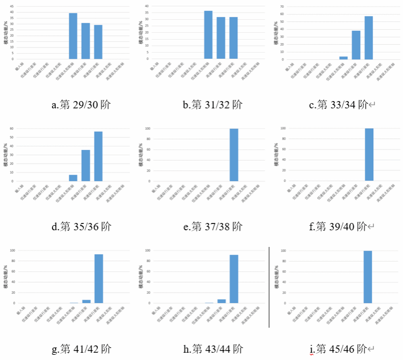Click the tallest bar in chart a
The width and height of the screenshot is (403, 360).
click(x=73, y=36)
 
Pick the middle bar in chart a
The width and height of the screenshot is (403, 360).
click(x=85, y=41)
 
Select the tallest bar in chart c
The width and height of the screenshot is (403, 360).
click(x=369, y=38)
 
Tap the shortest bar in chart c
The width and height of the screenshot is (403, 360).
click(x=344, y=58)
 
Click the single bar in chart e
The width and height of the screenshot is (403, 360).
click(x=234, y=155)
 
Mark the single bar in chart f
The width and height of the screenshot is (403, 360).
click(x=369, y=155)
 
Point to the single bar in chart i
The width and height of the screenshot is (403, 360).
click(x=368, y=277)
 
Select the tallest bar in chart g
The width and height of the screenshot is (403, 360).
click(x=98, y=279)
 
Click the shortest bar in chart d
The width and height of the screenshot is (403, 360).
click(x=73, y=178)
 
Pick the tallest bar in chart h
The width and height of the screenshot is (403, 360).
click(x=234, y=279)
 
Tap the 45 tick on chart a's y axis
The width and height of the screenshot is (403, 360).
click(x=12, y=7)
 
